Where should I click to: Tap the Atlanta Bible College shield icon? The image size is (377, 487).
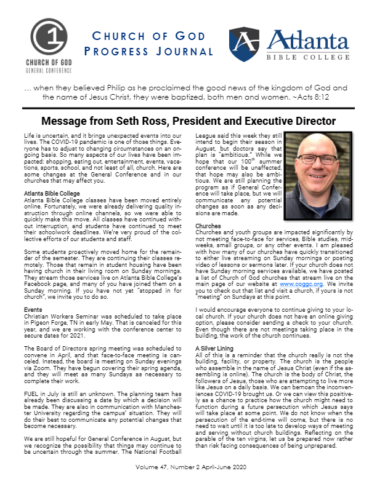point(243,42)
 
